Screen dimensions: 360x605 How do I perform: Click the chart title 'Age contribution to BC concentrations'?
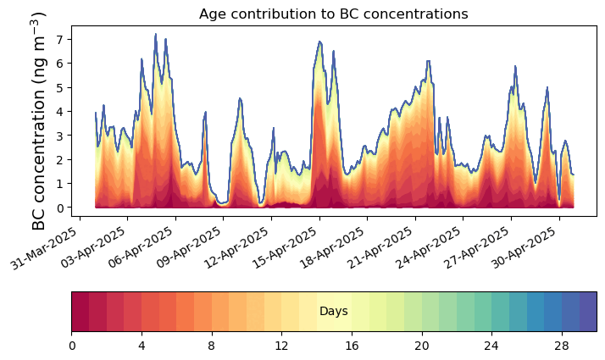click(x=333, y=14)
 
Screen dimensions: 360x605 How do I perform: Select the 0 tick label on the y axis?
click(x=60, y=208)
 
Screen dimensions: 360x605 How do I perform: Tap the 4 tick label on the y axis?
click(x=60, y=111)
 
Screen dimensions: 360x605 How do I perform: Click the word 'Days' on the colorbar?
click(x=334, y=312)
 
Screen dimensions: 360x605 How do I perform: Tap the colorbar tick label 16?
click(x=352, y=346)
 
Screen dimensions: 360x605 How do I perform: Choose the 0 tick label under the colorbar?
click(x=72, y=346)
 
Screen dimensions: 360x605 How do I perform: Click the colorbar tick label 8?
click(x=212, y=346)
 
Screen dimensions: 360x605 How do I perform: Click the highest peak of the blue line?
click(x=155, y=35)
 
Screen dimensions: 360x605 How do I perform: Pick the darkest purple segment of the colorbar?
click(x=587, y=312)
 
